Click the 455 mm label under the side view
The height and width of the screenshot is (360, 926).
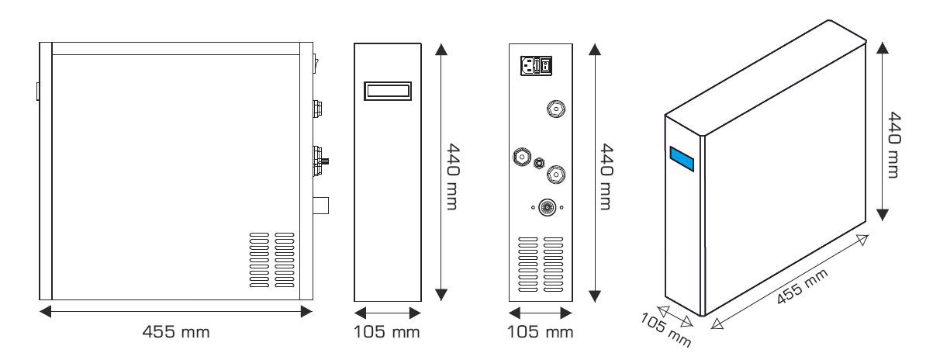coord(176,333)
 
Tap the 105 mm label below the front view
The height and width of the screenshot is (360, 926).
coord(387,333)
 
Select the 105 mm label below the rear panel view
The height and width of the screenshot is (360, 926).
coord(541,333)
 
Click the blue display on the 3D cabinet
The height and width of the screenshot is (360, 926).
coord(683,158)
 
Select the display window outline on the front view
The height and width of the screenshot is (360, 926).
coord(387,91)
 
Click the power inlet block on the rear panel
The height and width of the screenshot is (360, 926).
coord(535,66)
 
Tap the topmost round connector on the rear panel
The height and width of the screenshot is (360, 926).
coord(555,109)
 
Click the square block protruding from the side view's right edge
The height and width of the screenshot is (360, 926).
coord(321,206)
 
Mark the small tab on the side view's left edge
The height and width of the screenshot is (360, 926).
coord(37,92)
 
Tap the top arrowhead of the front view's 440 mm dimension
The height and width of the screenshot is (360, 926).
coord(441,48)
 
